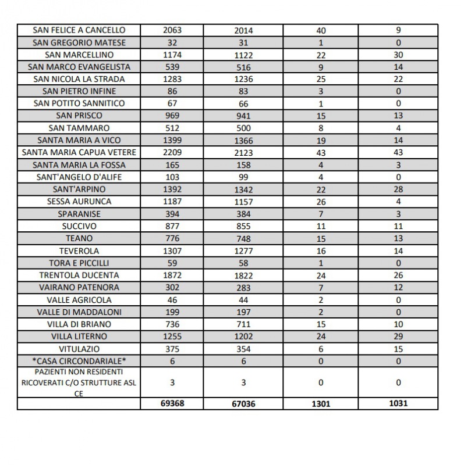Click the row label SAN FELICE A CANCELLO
(79, 30)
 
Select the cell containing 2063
(173, 30)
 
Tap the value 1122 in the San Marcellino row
(243, 55)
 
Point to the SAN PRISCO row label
(79, 116)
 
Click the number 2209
(173, 152)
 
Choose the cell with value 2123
(243, 153)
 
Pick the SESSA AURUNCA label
(79, 202)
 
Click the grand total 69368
(173, 403)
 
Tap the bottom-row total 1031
(398, 403)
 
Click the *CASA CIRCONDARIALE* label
(79, 361)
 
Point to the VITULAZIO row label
(79, 349)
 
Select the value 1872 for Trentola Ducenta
(173, 275)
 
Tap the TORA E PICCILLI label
(79, 263)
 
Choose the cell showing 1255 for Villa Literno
(173, 337)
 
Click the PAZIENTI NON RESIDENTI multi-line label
(79, 382)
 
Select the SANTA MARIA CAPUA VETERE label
(79, 152)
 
